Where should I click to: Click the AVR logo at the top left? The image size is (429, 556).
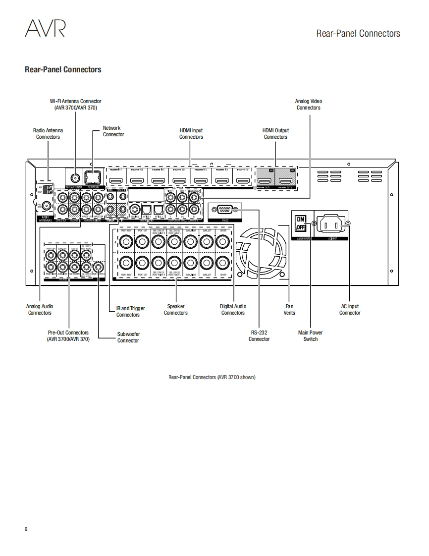(45, 28)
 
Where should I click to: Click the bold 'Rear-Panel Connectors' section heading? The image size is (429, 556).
(63, 69)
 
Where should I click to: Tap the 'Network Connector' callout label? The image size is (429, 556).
(113, 131)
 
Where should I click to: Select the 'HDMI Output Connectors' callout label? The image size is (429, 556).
(275, 134)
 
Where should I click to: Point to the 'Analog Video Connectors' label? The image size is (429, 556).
(308, 105)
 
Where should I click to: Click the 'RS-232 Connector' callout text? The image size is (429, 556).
(259, 336)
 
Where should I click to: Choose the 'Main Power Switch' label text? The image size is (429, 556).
(311, 336)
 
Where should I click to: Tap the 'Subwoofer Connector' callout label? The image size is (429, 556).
(128, 337)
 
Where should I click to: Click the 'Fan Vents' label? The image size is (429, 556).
(289, 310)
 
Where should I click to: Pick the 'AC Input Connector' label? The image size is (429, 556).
(350, 310)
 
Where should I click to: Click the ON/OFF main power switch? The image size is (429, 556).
(300, 223)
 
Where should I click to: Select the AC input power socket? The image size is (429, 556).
(329, 224)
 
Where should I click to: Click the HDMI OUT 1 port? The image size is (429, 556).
(265, 181)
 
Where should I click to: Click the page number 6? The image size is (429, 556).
(26, 529)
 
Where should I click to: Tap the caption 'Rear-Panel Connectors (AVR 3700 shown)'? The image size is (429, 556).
(212, 377)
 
